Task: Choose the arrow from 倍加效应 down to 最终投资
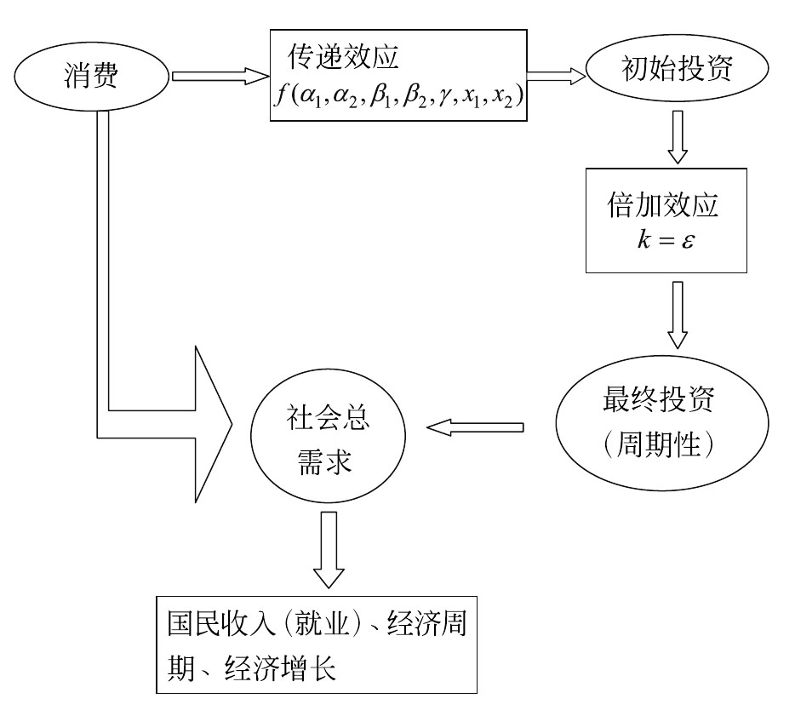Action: pyautogui.click(x=677, y=314)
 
